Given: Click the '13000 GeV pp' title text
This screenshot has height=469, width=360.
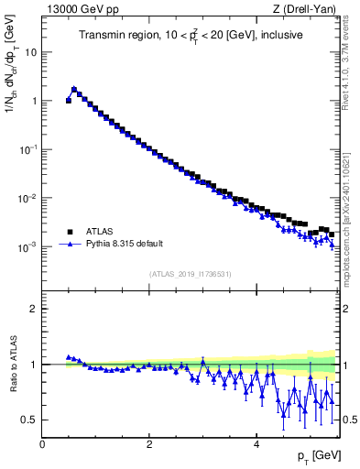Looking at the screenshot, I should (80, 10).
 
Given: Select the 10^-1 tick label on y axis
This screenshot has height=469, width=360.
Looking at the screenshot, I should (27, 149).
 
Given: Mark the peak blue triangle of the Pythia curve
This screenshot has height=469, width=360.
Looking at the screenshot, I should (74, 89).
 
